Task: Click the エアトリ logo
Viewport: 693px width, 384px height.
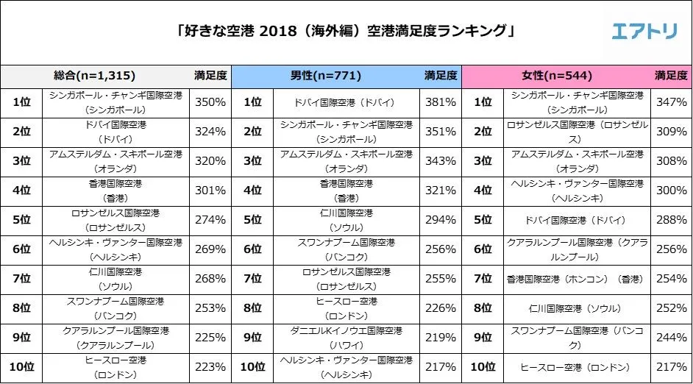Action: point(645,31)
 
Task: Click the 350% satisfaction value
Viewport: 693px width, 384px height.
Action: point(210,102)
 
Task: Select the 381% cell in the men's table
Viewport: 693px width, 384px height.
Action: point(441,102)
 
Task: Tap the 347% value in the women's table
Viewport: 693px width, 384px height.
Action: point(671,102)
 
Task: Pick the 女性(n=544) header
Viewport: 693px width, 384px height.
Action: point(557,75)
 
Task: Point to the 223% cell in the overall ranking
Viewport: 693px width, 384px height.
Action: point(210,367)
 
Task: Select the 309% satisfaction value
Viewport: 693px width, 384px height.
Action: point(671,132)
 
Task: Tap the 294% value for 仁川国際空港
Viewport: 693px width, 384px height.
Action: point(441,220)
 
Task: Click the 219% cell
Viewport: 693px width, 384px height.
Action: point(441,338)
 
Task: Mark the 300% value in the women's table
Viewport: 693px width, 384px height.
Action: point(671,191)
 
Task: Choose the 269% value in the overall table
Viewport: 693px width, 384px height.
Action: point(210,249)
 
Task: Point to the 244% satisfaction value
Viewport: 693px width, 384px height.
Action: point(671,338)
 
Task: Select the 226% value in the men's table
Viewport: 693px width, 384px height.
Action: point(441,308)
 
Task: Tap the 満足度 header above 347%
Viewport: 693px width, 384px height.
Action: point(671,75)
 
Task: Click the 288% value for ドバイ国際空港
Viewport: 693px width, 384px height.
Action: point(671,220)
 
